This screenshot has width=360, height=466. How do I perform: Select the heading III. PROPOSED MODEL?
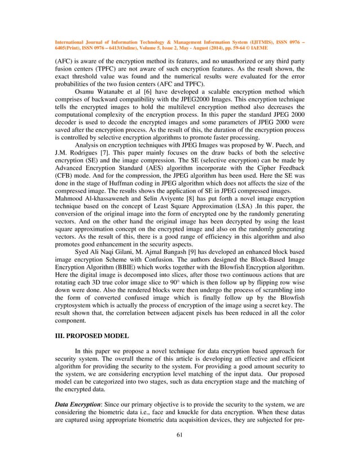click(x=92, y=336)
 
